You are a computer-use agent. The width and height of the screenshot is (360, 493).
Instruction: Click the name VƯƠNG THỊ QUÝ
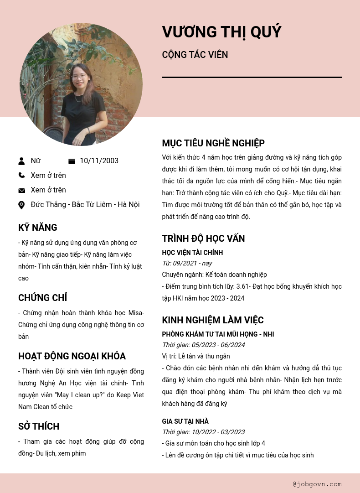pyautogui.click(x=221, y=32)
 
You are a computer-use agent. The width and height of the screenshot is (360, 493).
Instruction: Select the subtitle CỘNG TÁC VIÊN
pyautogui.click(x=195, y=55)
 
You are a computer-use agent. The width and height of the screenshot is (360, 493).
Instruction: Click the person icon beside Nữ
pyautogui.click(x=21, y=161)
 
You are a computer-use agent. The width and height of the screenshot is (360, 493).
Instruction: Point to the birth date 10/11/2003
pyautogui.click(x=99, y=161)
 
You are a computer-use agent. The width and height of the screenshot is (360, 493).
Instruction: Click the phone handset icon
pyautogui.click(x=21, y=175)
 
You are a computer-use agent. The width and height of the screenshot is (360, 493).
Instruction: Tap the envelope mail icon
pyautogui.click(x=21, y=190)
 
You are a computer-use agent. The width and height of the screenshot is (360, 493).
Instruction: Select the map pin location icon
pyautogui.click(x=21, y=205)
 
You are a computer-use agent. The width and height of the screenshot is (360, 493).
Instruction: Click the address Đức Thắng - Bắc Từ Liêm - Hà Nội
pyautogui.click(x=85, y=205)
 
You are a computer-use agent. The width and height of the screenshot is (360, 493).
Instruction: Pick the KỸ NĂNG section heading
pyautogui.click(x=38, y=228)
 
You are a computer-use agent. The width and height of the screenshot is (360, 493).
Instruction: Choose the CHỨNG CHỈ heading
pyautogui.click(x=42, y=298)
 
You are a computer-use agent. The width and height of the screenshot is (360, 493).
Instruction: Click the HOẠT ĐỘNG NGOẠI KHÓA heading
pyautogui.click(x=72, y=356)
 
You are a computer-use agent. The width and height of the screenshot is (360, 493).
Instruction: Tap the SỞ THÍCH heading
pyautogui.click(x=39, y=426)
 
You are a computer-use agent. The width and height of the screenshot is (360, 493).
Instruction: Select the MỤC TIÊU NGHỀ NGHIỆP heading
pyautogui.click(x=213, y=143)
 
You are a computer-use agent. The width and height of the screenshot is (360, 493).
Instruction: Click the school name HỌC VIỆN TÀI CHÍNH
pyautogui.click(x=192, y=253)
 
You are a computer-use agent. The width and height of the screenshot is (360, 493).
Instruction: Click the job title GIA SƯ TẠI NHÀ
pyautogui.click(x=185, y=421)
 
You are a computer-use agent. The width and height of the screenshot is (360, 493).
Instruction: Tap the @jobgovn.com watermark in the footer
pyautogui.click(x=317, y=484)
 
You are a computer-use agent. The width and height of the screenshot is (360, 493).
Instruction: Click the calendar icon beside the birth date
pyautogui.click(x=72, y=161)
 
